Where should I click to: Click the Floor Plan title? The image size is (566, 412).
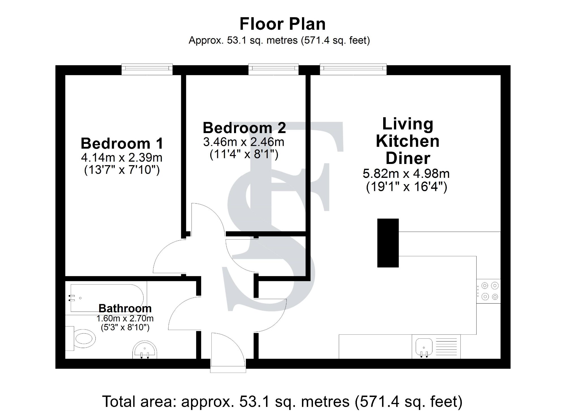(x=282, y=24)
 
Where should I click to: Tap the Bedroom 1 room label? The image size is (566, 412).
(x=122, y=143)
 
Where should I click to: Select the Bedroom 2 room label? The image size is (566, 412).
(x=244, y=128)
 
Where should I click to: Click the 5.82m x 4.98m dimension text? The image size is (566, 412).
(x=406, y=173)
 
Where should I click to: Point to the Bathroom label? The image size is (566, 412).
(x=125, y=308)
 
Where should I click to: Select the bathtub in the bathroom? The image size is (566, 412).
(x=106, y=298)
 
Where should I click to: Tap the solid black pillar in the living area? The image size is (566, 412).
(x=388, y=243)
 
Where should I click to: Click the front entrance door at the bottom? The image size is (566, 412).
(x=228, y=353)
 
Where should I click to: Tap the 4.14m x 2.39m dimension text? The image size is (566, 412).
(x=122, y=157)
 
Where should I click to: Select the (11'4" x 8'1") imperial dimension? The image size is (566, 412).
(x=244, y=155)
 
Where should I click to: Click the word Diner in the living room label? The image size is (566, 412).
(x=408, y=158)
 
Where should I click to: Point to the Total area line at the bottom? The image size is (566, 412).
(x=282, y=401)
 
